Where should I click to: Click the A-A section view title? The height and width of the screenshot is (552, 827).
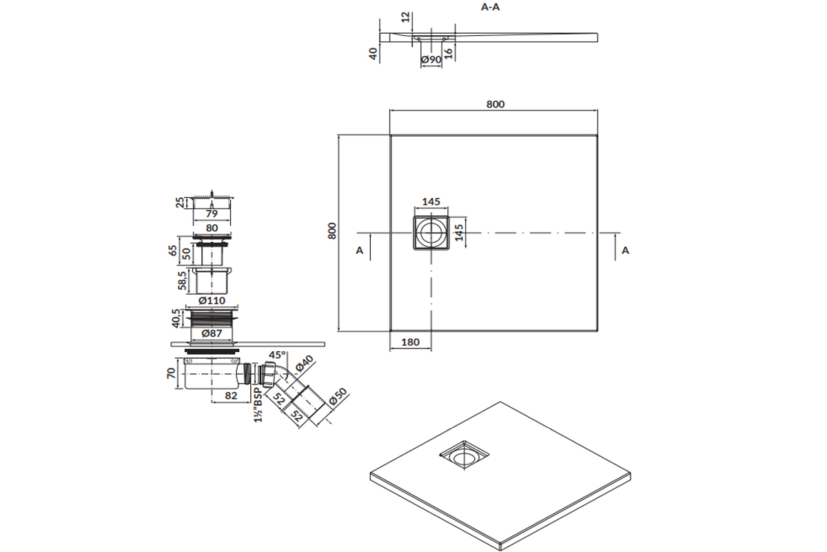(490, 8)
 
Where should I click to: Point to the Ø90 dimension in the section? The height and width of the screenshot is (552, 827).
(431, 60)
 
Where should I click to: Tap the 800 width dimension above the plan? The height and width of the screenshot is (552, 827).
(495, 104)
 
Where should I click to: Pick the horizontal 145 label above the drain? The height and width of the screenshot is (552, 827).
(431, 201)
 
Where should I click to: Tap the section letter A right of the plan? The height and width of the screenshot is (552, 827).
(625, 250)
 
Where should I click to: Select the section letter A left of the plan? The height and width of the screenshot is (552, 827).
(359, 250)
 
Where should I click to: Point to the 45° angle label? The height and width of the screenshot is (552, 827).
(276, 355)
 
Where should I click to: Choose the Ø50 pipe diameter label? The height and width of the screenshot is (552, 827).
(339, 400)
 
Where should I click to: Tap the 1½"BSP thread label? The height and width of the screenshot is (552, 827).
(257, 405)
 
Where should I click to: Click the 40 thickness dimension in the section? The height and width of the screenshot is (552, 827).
(374, 53)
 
